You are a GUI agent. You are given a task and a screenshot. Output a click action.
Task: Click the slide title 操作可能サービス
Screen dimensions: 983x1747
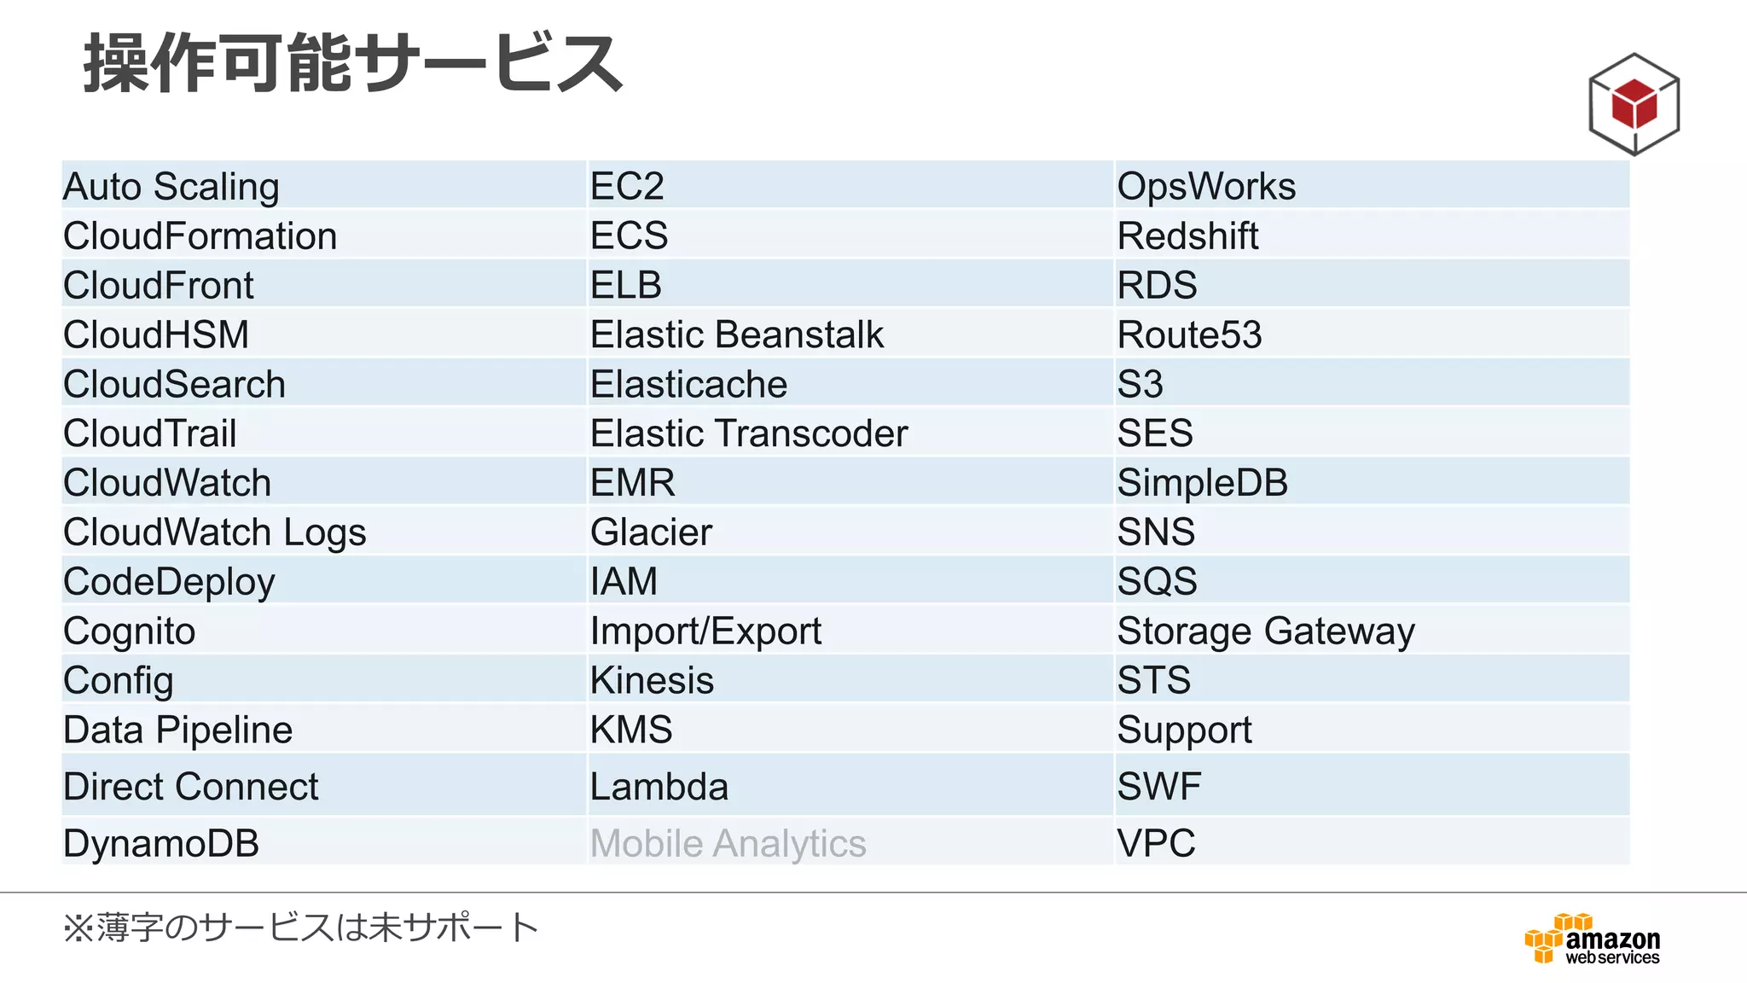coord(353,63)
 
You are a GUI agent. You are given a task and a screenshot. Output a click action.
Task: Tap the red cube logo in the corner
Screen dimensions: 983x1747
coord(1634,104)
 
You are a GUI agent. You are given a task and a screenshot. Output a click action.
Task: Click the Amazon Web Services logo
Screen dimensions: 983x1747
coord(1592,939)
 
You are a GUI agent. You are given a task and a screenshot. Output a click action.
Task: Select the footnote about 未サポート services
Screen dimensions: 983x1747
coord(300,928)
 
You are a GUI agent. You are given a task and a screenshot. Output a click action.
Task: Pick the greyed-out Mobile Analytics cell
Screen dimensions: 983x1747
coord(728,843)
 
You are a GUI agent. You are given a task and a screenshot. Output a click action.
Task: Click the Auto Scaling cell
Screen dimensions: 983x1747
coord(171,186)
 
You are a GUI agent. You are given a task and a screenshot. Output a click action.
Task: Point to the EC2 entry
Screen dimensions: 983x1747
coord(627,186)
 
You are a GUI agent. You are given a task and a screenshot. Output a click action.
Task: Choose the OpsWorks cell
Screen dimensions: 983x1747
coord(1206,186)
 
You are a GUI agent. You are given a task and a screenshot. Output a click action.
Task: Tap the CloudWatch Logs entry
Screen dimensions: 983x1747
coord(215,532)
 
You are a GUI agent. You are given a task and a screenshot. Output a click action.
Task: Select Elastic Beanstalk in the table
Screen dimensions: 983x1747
coord(737,334)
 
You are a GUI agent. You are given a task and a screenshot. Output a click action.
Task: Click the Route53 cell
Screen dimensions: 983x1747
coord(1189,334)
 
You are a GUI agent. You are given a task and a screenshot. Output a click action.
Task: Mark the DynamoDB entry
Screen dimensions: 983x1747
coord(161,843)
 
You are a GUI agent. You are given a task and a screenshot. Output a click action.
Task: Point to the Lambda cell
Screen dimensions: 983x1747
coord(659,786)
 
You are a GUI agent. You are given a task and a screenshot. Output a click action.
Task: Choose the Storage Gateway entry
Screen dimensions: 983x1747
coord(1266,631)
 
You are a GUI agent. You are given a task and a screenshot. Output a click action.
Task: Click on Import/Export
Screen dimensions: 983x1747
coord(705,631)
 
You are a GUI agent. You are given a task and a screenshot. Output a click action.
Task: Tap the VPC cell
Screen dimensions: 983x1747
coord(1156,843)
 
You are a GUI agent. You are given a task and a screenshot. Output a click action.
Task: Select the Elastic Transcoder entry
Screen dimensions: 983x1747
coord(749,433)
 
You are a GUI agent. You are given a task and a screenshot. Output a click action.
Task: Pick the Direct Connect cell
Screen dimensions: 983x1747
coord(190,786)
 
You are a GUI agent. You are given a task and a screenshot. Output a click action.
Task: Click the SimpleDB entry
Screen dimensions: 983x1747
coord(1202,483)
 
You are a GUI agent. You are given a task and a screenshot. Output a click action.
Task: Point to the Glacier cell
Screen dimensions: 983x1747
coord(651,532)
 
